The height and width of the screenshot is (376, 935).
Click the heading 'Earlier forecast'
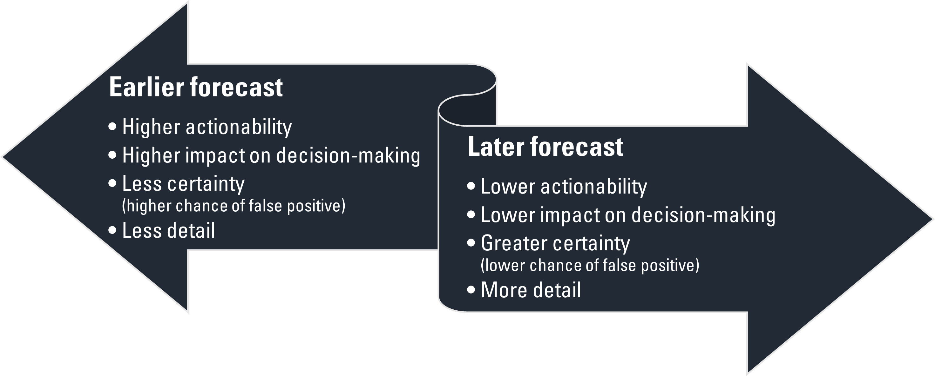tap(196, 87)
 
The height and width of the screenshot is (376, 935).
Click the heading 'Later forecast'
tap(545, 147)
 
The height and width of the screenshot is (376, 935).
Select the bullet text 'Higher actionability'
tap(207, 127)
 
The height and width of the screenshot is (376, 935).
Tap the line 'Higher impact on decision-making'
tap(271, 155)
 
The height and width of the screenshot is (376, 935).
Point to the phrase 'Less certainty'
tap(183, 184)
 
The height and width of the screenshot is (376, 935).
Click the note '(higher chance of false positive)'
tap(234, 206)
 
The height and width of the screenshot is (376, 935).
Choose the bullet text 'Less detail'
tap(168, 231)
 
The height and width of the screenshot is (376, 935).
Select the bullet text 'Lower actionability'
tap(564, 186)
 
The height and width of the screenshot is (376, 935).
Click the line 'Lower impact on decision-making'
tap(628, 215)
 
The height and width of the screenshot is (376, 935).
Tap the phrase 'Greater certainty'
tap(555, 243)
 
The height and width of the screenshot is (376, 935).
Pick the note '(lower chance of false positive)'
tap(590, 265)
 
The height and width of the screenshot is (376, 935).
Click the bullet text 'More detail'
tap(531, 290)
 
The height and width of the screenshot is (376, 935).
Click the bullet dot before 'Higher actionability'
tap(113, 127)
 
